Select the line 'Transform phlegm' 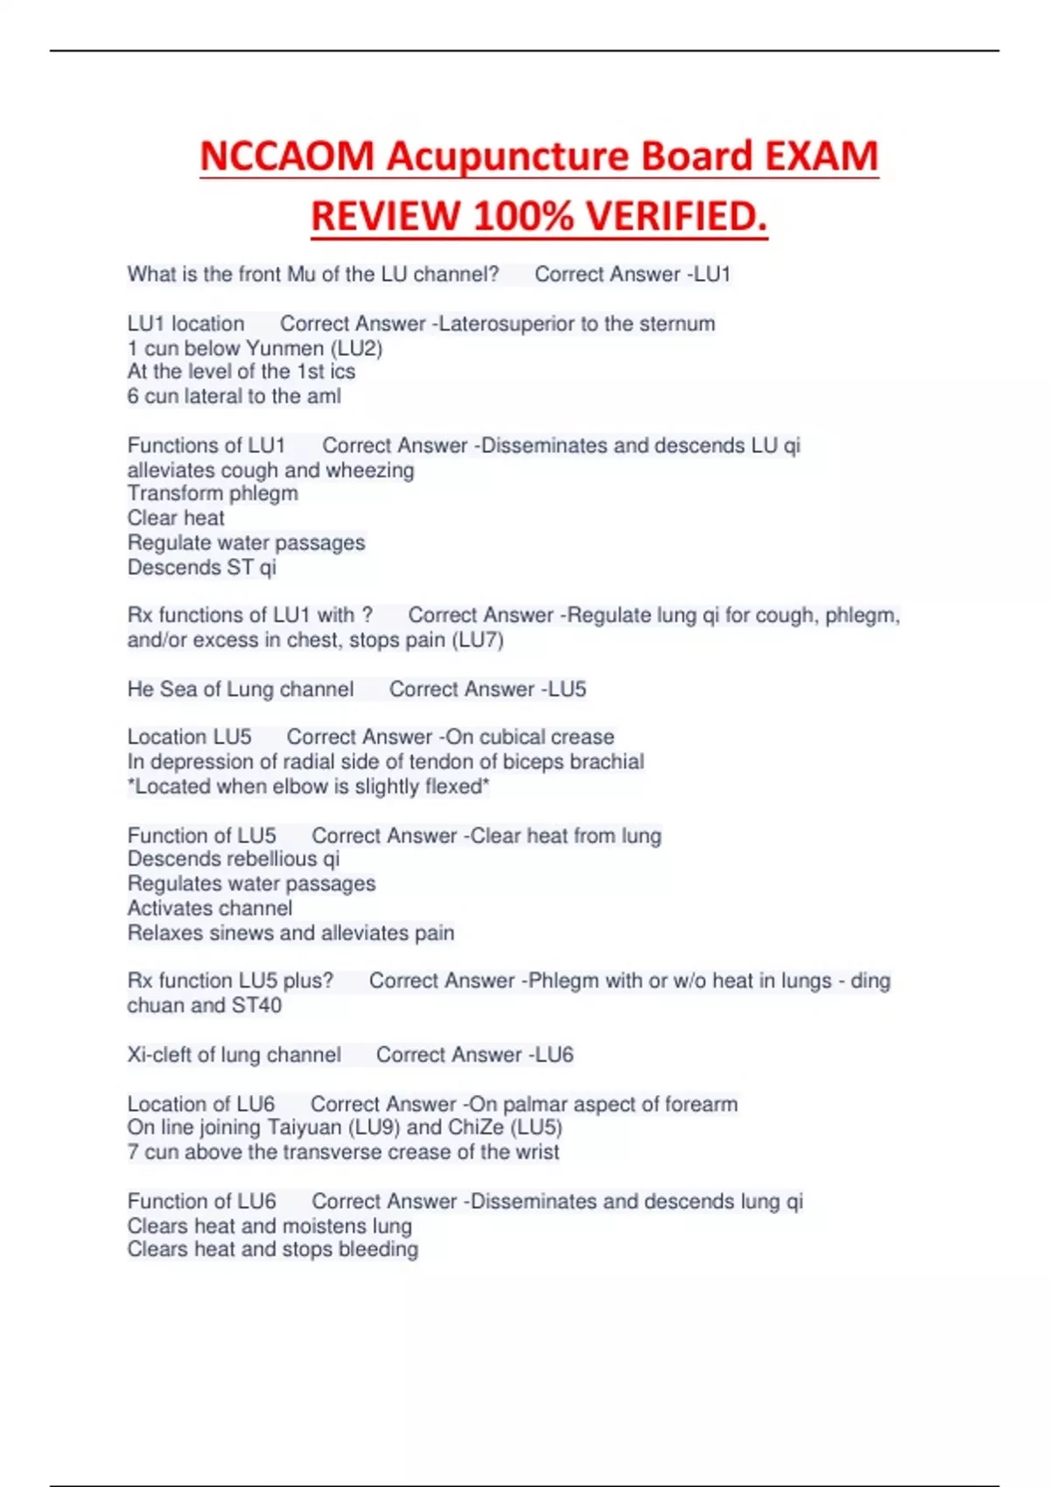click(x=213, y=493)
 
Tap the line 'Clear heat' click(x=176, y=518)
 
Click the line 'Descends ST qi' click(x=201, y=567)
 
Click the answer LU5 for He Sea click(x=567, y=689)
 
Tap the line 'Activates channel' click(x=210, y=908)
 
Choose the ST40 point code click(x=256, y=1005)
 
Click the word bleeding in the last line click(x=377, y=1249)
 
